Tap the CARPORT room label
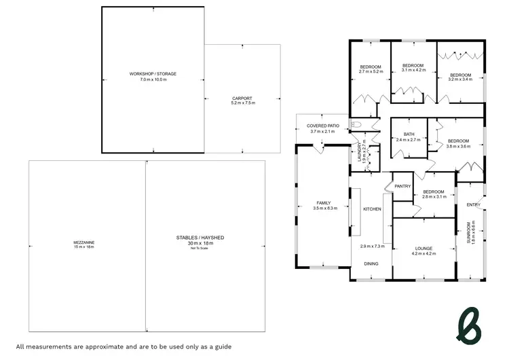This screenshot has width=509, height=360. click(x=242, y=98)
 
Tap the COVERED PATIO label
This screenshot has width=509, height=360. click(x=323, y=126)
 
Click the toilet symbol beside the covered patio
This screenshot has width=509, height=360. click(x=354, y=124)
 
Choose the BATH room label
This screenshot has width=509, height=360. click(x=409, y=134)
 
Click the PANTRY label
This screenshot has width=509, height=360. click(x=403, y=186)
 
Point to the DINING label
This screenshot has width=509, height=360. click(x=371, y=264)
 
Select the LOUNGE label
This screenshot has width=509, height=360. click(x=423, y=248)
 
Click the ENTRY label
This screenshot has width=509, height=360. click(x=473, y=205)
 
